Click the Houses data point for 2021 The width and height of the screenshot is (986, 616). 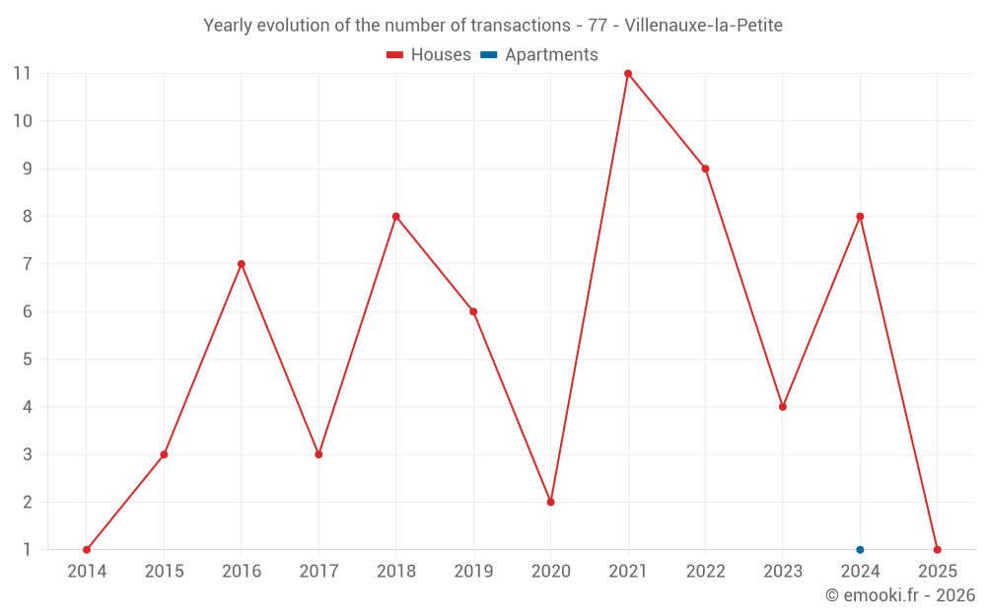coord(628,73)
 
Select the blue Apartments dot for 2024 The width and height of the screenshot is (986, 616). coord(860,550)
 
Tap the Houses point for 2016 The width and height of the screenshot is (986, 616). coord(242,264)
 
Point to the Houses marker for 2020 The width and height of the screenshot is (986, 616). coord(550,502)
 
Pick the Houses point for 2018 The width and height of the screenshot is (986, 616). coord(395,216)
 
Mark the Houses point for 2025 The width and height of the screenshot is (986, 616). coord(937,550)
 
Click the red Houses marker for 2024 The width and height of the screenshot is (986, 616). coord(860,216)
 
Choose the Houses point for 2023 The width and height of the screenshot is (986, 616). coord(783,407)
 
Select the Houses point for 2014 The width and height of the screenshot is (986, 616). coord(87,550)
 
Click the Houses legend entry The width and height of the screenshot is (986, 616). coord(429,55)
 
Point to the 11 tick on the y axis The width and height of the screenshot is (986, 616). coord(23,73)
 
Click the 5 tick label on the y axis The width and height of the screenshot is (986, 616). coord(27,360)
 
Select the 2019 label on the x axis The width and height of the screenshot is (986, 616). coord(473,572)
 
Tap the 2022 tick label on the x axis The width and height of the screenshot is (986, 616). coord(705,572)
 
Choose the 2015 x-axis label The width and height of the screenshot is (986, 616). coord(164,572)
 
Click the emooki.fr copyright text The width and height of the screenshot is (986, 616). coord(900,595)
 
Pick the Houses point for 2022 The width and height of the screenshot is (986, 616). coord(705,169)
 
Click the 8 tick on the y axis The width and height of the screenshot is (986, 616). coord(27,216)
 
